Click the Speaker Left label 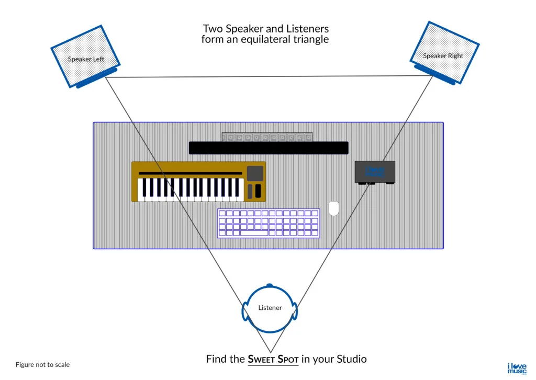click(86, 59)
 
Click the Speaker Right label click(443, 55)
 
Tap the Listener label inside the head click(270, 308)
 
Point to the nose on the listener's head click(270, 285)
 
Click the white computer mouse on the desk click(333, 208)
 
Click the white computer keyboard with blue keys click(269, 223)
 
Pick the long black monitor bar click(268, 148)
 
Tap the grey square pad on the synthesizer click(255, 173)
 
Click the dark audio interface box click(375, 172)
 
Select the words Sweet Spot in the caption click(273, 360)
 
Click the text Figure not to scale click(42, 365)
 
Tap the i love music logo click(517, 367)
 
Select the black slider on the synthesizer click(258, 191)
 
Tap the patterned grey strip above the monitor click(267, 137)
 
